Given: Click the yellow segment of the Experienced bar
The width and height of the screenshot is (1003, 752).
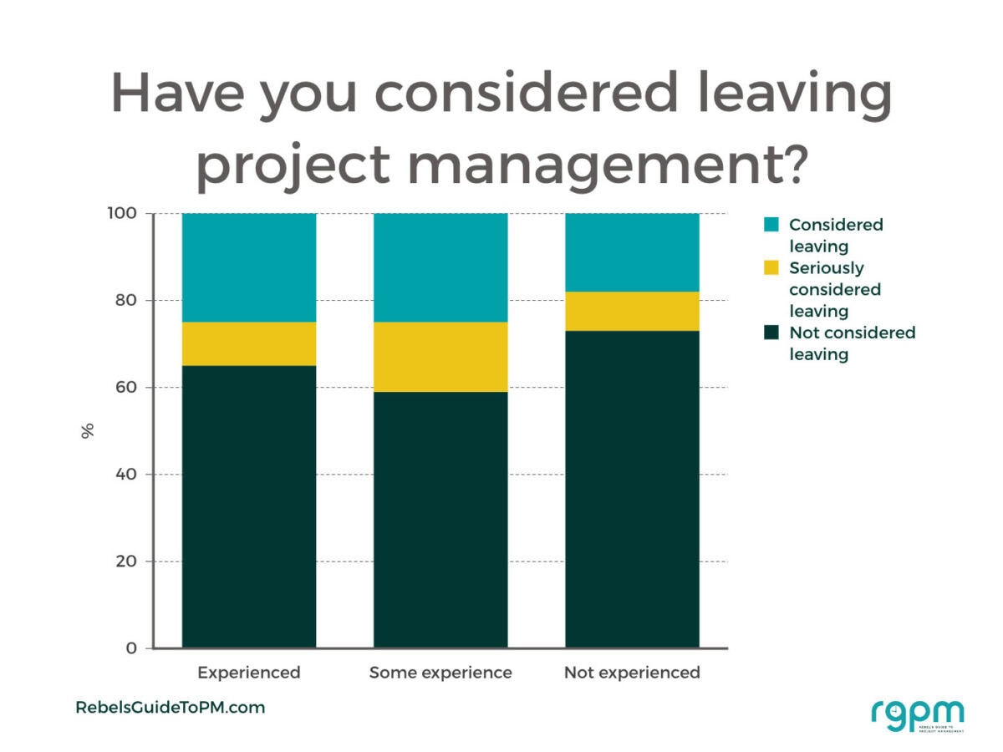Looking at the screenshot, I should (x=248, y=343).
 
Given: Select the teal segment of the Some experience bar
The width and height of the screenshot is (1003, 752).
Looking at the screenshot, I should (x=440, y=267).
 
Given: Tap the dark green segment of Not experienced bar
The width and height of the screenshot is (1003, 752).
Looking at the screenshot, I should (x=632, y=489).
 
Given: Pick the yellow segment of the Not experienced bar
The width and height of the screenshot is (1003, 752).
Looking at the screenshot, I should (x=632, y=311).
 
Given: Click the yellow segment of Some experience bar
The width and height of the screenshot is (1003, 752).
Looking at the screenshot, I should (x=440, y=357).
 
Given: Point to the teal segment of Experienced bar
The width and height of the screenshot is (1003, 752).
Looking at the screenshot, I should (x=248, y=267).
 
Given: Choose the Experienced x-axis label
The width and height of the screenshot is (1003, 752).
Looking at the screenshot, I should (x=248, y=673).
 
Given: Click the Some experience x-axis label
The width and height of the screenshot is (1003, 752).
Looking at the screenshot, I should (x=440, y=673).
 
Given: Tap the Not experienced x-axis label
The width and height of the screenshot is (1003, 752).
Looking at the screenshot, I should (x=632, y=673).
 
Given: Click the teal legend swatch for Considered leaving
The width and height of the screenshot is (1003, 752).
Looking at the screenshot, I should (x=771, y=225).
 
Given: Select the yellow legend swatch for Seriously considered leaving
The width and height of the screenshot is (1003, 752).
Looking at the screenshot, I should (x=771, y=268).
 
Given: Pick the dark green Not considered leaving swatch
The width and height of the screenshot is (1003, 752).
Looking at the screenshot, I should (x=771, y=333).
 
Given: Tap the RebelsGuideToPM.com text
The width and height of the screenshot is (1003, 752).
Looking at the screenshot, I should (x=170, y=708).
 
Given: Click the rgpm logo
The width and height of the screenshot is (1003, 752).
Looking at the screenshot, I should (x=917, y=714).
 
